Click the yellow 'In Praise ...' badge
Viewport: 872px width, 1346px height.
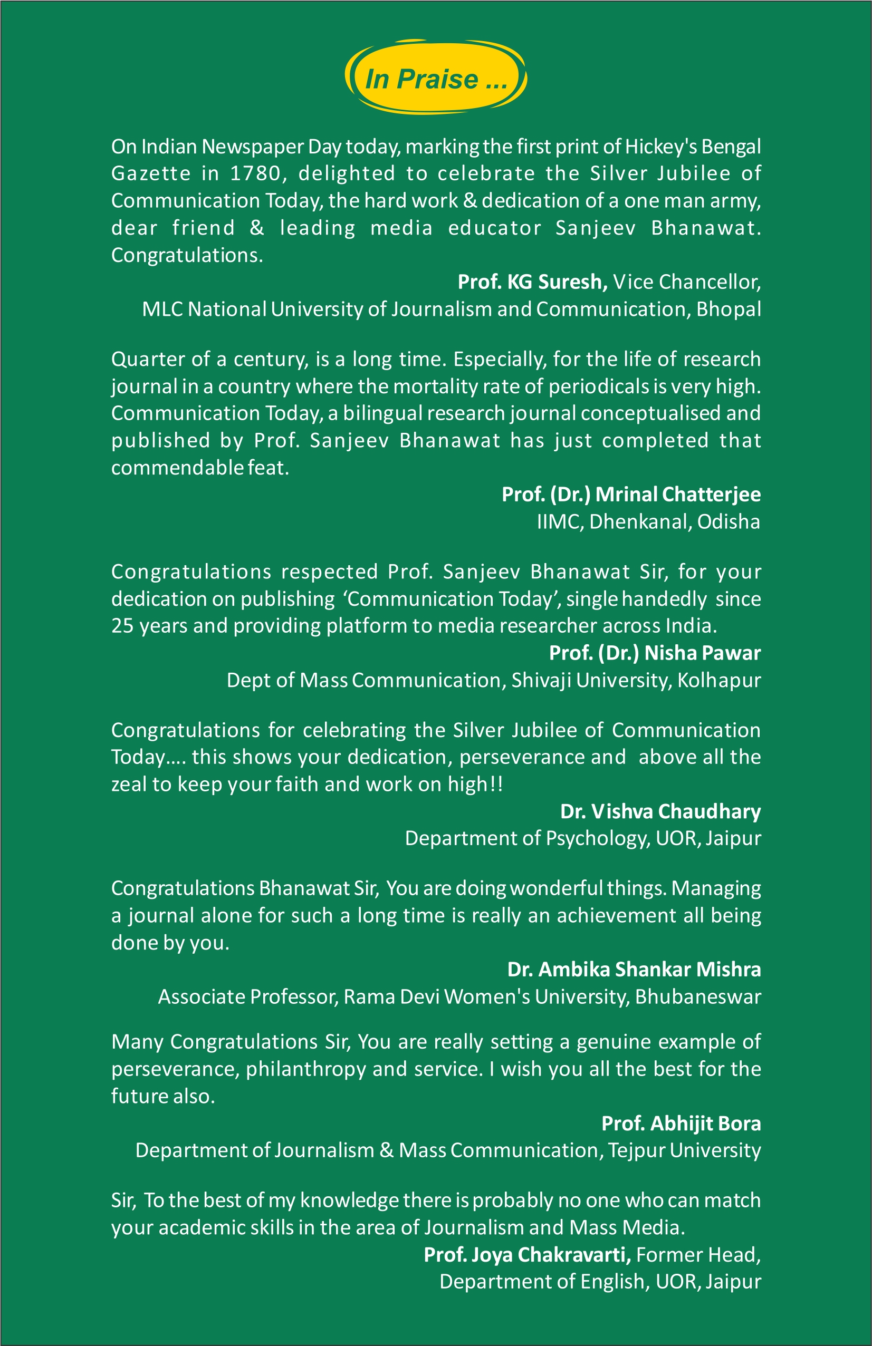pyautogui.click(x=436, y=78)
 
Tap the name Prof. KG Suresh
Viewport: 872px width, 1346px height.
pyautogui.click(x=532, y=282)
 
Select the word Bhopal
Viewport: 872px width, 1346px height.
pyautogui.click(x=729, y=309)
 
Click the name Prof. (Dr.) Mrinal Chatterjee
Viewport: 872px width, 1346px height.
pyautogui.click(x=631, y=495)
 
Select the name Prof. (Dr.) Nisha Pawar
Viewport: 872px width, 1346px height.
pyautogui.click(x=655, y=653)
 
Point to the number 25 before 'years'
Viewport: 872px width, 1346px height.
pyautogui.click(x=122, y=626)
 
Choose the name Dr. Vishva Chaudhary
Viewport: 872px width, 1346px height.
pyautogui.click(x=660, y=811)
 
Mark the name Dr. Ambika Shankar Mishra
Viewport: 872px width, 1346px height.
pyautogui.click(x=634, y=970)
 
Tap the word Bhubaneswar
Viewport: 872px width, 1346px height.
pyautogui.click(x=698, y=996)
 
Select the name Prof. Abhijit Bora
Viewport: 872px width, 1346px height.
pyautogui.click(x=681, y=1123)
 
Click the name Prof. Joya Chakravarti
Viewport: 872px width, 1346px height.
pyautogui.click(x=528, y=1254)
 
